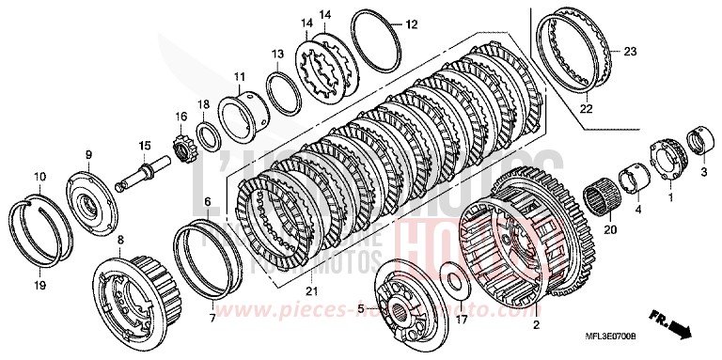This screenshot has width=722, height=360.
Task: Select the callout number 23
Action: click(x=630, y=51)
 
